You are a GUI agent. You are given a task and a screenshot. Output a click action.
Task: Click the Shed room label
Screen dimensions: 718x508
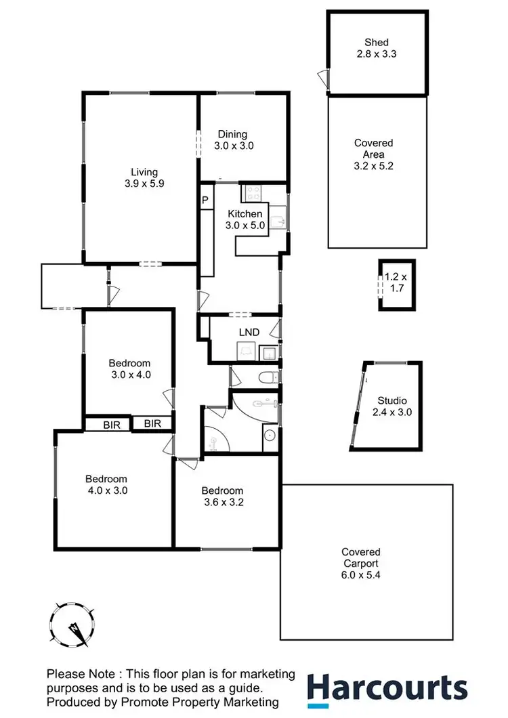[x=377, y=47]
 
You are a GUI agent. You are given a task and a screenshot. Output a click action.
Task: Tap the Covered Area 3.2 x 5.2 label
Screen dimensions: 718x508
[x=373, y=154]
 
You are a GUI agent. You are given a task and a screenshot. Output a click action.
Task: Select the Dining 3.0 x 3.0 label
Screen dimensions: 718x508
[x=234, y=140]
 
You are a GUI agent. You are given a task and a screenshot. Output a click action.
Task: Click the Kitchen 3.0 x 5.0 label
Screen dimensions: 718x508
[x=244, y=219]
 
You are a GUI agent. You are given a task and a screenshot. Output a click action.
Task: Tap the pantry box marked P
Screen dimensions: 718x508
[x=205, y=200]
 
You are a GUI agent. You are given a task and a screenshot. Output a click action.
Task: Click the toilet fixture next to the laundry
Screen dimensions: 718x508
[x=269, y=377]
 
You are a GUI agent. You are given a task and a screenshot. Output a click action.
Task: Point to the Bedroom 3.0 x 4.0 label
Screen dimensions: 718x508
[x=129, y=368]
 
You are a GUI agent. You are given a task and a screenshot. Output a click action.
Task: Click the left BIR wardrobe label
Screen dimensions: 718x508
[x=112, y=424]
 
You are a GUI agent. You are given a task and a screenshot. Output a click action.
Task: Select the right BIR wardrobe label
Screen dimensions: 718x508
[x=152, y=424]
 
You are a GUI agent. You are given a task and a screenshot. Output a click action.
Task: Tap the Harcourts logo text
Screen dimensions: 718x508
[x=387, y=688]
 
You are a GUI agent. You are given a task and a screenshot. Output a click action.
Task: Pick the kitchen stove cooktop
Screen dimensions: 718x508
[x=254, y=194]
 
